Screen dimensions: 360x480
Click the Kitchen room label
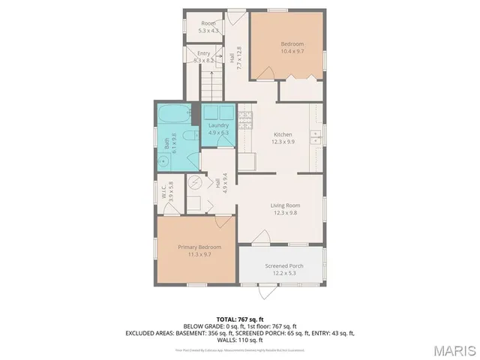pos(283,136)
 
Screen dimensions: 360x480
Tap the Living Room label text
pos(285,209)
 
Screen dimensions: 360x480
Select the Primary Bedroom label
pos(199,250)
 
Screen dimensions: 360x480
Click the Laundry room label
pos(218,129)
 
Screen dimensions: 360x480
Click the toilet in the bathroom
pos(191,136)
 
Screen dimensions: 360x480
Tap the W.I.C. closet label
pos(171,193)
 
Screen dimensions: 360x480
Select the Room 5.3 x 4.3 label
pos(208,28)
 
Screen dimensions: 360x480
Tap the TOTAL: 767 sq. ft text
pos(240,319)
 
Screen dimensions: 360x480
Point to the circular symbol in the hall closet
pos(195,181)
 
